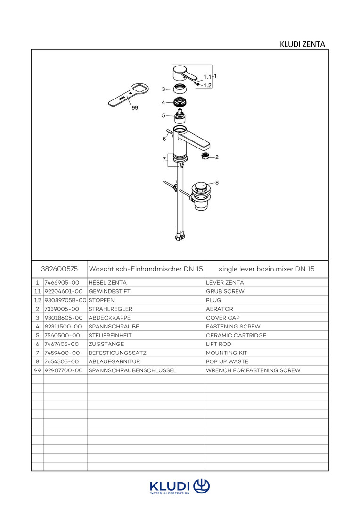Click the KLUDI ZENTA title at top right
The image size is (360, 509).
[x=302, y=45]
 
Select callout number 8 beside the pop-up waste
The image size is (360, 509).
[x=217, y=182]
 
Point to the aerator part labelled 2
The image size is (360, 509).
[x=205, y=156]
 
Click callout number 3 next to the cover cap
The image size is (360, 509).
[x=163, y=89]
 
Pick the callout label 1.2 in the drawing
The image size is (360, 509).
[x=207, y=85]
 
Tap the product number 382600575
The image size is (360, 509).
[x=59, y=269]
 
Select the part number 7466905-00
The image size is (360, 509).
[x=61, y=283]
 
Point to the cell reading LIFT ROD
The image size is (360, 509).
[x=219, y=345]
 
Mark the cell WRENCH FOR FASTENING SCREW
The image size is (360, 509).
[x=253, y=371]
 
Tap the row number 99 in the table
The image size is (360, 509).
[x=37, y=371]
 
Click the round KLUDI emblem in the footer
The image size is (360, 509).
[x=201, y=485]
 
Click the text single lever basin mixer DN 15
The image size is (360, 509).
[x=266, y=269]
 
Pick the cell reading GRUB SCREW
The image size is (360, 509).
[x=225, y=292]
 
